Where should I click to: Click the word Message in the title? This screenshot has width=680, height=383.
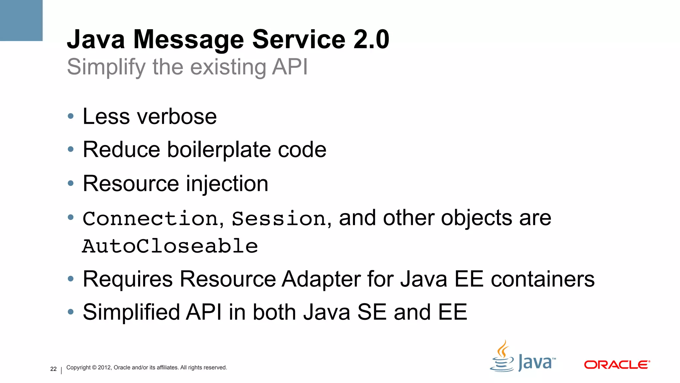188,40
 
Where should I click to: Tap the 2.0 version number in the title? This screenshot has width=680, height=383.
371,40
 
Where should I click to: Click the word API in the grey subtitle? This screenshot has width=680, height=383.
290,67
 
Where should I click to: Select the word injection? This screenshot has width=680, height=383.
227,184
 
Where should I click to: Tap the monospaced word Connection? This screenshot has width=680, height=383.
150,219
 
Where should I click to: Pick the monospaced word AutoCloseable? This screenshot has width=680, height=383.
170,246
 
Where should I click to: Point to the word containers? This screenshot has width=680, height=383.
543,279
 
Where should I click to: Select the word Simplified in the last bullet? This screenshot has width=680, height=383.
131,312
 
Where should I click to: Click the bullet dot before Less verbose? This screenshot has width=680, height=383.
70,116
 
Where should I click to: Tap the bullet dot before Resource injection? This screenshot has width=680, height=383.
70,183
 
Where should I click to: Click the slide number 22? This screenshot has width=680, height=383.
53,369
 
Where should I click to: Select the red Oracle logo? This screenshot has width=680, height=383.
617,365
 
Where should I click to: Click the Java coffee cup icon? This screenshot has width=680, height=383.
502,357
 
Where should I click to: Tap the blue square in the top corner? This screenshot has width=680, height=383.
21,20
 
